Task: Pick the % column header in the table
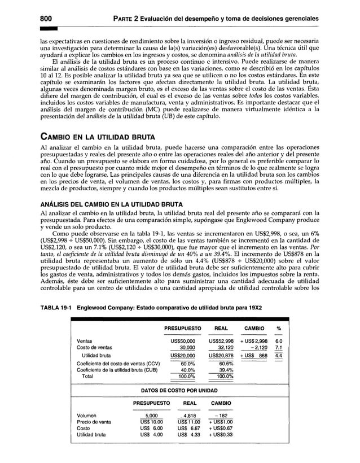(278, 328)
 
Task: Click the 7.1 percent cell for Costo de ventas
(278, 348)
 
